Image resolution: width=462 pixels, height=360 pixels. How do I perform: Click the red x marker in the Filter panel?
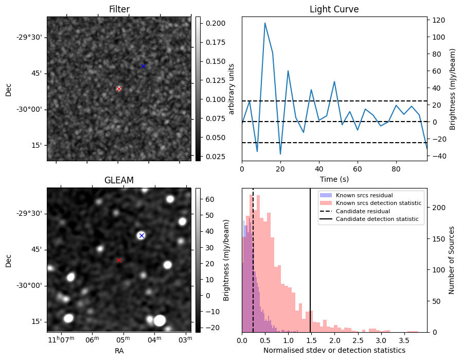pyautogui.click(x=119, y=89)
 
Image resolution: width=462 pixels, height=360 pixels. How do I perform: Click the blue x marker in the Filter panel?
pyautogui.click(x=143, y=66)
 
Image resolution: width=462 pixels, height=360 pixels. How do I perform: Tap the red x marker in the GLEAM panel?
pyautogui.click(x=119, y=260)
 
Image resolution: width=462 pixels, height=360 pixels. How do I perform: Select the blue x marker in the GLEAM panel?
pyautogui.click(x=141, y=235)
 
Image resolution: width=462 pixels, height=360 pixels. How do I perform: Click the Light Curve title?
pyautogui.click(x=334, y=9)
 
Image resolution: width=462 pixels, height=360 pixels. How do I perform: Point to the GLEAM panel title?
pyautogui.click(x=119, y=180)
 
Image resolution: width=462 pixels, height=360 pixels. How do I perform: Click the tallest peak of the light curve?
pyautogui.click(x=265, y=23)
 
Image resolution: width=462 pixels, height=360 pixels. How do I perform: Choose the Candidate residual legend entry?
pyautogui.click(x=362, y=211)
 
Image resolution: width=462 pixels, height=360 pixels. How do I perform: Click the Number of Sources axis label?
pyautogui.click(x=452, y=260)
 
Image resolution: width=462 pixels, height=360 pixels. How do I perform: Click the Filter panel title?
pyautogui.click(x=119, y=9)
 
